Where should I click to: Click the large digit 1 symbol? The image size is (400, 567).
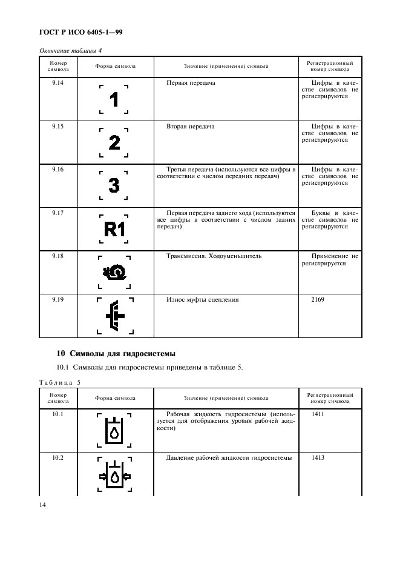(x=114, y=99)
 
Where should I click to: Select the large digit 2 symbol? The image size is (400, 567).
(x=114, y=142)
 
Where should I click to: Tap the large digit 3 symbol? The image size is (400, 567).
(x=114, y=185)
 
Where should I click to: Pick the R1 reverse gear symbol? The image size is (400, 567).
(x=114, y=229)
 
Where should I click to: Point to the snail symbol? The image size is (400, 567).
(x=113, y=273)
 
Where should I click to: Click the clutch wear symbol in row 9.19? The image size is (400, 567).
(x=114, y=316)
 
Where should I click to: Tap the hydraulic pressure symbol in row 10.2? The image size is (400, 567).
(x=114, y=475)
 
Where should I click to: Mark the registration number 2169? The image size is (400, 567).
(x=318, y=300)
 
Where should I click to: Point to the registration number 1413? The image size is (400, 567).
(x=318, y=458)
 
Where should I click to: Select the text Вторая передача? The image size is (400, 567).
(x=190, y=127)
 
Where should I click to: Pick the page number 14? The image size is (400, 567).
(x=43, y=505)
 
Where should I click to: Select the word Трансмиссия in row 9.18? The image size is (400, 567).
(x=185, y=256)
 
